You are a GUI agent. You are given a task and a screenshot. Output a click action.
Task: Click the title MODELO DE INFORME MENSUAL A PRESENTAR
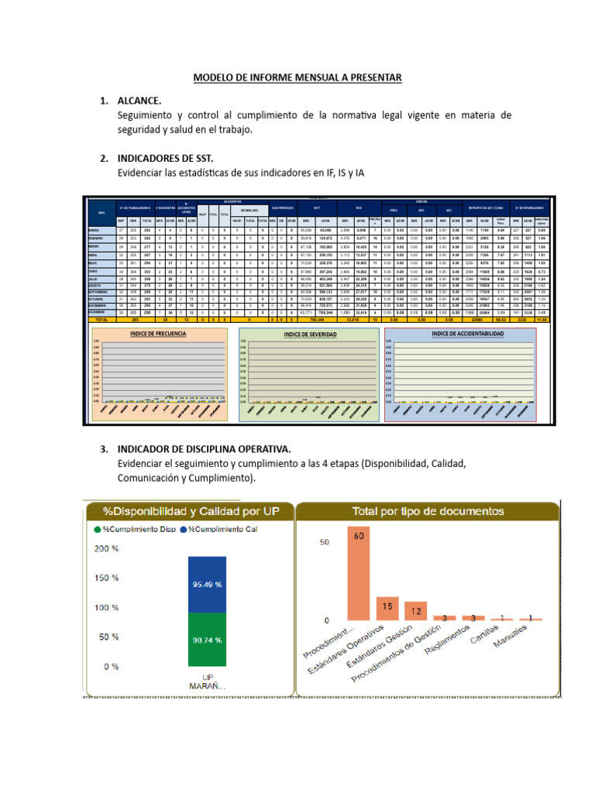pos(297,77)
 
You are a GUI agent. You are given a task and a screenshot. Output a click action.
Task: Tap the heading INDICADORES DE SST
pos(164,158)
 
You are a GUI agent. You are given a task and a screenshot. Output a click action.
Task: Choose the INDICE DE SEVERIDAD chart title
pos(308,334)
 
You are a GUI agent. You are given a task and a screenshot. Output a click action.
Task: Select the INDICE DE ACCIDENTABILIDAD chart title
pos(467,333)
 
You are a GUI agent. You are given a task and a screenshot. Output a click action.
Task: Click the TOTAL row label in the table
pos(101,318)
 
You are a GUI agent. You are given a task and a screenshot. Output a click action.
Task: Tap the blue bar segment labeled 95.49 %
pos(206,585)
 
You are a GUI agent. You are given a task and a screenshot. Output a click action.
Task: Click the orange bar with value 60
pos(357,577)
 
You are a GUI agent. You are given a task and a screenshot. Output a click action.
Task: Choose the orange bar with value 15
pos(387,608)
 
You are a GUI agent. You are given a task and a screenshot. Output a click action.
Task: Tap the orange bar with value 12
pos(416,611)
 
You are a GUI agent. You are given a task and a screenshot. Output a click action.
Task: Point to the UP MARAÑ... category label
pos(206,681)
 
